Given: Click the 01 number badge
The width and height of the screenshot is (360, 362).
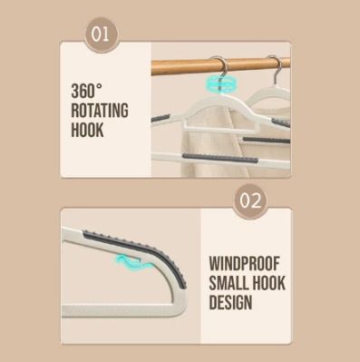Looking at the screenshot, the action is click(x=102, y=34).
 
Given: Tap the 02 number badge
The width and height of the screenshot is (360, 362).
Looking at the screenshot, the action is click(x=250, y=201).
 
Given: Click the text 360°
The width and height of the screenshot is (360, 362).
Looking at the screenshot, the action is click(x=87, y=91).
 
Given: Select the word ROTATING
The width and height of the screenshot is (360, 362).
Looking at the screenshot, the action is click(x=100, y=111).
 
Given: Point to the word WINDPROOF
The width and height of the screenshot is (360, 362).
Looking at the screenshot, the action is click(x=244, y=264).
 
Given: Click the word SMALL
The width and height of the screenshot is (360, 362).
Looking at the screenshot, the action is click(x=229, y=283).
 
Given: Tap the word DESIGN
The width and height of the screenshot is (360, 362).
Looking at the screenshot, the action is click(x=230, y=302).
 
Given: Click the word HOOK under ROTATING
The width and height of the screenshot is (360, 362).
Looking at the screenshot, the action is click(x=87, y=130).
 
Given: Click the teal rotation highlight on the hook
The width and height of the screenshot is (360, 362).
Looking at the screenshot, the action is click(x=220, y=83).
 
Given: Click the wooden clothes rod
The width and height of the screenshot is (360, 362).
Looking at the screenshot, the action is click(x=220, y=67).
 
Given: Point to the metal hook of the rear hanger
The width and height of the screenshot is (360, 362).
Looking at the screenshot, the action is click(x=277, y=68).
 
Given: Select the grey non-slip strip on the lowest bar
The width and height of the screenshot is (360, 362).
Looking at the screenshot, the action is click(x=220, y=158).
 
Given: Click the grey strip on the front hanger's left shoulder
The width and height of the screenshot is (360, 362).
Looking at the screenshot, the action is click(x=161, y=118).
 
